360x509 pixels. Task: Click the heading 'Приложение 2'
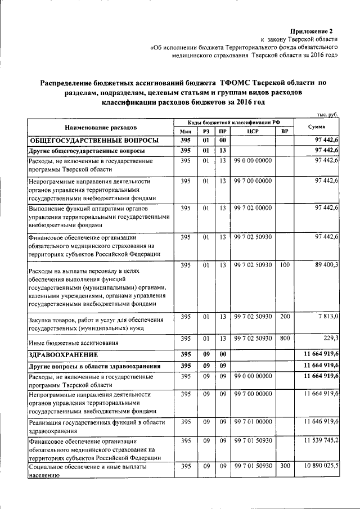312,30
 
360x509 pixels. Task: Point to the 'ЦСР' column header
253,132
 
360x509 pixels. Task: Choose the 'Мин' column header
186,132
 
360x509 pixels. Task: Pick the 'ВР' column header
285,132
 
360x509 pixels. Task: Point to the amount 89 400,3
323,265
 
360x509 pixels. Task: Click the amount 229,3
329,338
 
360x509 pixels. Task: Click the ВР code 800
285,338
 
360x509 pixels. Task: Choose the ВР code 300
285,466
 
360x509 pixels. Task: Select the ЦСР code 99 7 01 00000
253,421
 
